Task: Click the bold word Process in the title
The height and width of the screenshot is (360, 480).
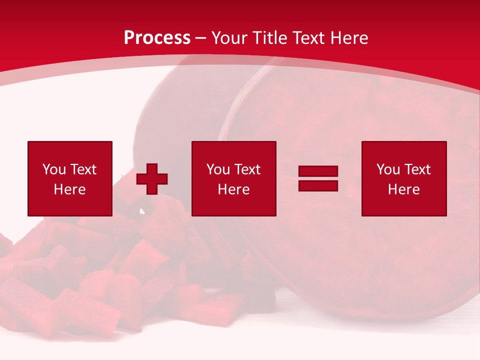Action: tap(157, 38)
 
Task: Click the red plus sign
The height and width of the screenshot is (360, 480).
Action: tap(152, 179)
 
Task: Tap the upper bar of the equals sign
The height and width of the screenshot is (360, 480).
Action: tap(318, 171)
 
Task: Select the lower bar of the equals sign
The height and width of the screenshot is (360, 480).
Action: tap(318, 185)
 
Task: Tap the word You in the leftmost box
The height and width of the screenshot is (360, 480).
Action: tap(54, 169)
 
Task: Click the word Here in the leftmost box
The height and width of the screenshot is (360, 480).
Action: tap(69, 189)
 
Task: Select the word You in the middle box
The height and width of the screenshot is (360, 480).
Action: tap(218, 169)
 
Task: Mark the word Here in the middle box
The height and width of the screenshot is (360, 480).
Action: tap(233, 189)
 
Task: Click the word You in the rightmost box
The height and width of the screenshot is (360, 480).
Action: tap(388, 169)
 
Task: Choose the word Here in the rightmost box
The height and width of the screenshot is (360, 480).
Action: tap(403, 189)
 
